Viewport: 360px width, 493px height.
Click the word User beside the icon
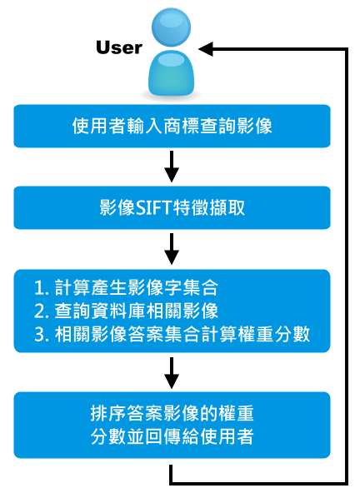tap(119, 47)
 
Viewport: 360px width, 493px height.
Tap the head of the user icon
tap(171, 27)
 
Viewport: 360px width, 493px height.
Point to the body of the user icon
tap(171, 73)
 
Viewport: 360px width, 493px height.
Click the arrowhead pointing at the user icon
tap(206, 49)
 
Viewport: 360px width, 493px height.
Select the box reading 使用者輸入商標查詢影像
tap(172, 126)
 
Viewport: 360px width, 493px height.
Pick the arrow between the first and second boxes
tap(172, 167)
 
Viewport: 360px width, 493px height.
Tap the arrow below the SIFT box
tap(172, 249)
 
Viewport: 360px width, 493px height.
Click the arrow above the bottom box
tap(172, 372)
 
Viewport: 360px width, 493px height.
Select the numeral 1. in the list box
tap(42, 287)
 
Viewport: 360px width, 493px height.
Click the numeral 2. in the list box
tap(42, 311)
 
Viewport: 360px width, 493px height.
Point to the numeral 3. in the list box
tap(42, 334)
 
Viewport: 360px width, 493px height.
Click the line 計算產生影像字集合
tap(137, 287)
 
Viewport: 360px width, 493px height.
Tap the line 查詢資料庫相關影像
tap(137, 311)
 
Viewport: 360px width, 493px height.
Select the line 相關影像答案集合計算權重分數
tap(182, 334)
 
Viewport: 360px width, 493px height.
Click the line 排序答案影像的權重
tap(172, 413)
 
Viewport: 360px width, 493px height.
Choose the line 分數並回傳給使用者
tap(172, 436)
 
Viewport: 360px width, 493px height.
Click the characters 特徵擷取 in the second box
tap(208, 208)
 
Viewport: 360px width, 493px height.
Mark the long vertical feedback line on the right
tap(346, 266)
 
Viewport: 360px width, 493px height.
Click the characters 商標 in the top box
tap(181, 126)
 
